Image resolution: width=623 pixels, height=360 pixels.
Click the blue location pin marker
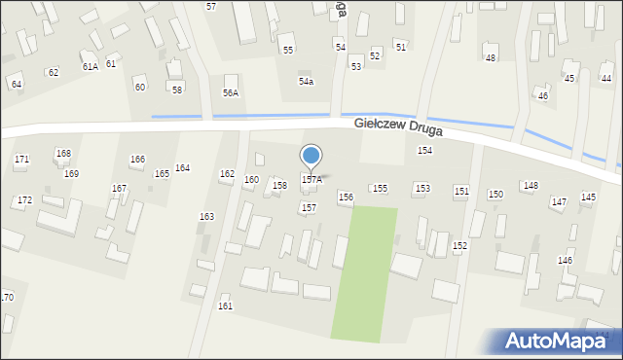tap(311, 157)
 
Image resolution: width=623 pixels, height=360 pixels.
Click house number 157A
tap(311, 180)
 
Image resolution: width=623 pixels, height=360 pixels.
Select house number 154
tap(424, 151)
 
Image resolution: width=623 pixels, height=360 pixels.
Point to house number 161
tap(225, 306)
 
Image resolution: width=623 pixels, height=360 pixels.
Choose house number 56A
tap(231, 92)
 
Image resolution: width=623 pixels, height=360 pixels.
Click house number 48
tap(490, 58)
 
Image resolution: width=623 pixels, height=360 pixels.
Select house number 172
tap(24, 200)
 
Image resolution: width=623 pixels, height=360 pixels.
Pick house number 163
tap(206, 216)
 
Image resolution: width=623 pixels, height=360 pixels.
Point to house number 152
tap(459, 246)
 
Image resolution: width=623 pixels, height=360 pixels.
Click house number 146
tap(565, 261)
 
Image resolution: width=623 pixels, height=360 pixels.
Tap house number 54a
tap(306, 82)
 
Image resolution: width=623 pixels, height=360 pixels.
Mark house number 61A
tap(90, 66)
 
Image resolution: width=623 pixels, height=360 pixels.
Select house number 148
tap(531, 185)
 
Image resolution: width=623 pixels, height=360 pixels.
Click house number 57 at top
tap(211, 7)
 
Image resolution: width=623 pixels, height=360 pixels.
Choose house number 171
tap(21, 159)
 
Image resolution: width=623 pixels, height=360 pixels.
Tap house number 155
tap(380, 188)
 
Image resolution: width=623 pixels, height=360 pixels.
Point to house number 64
tap(16, 85)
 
